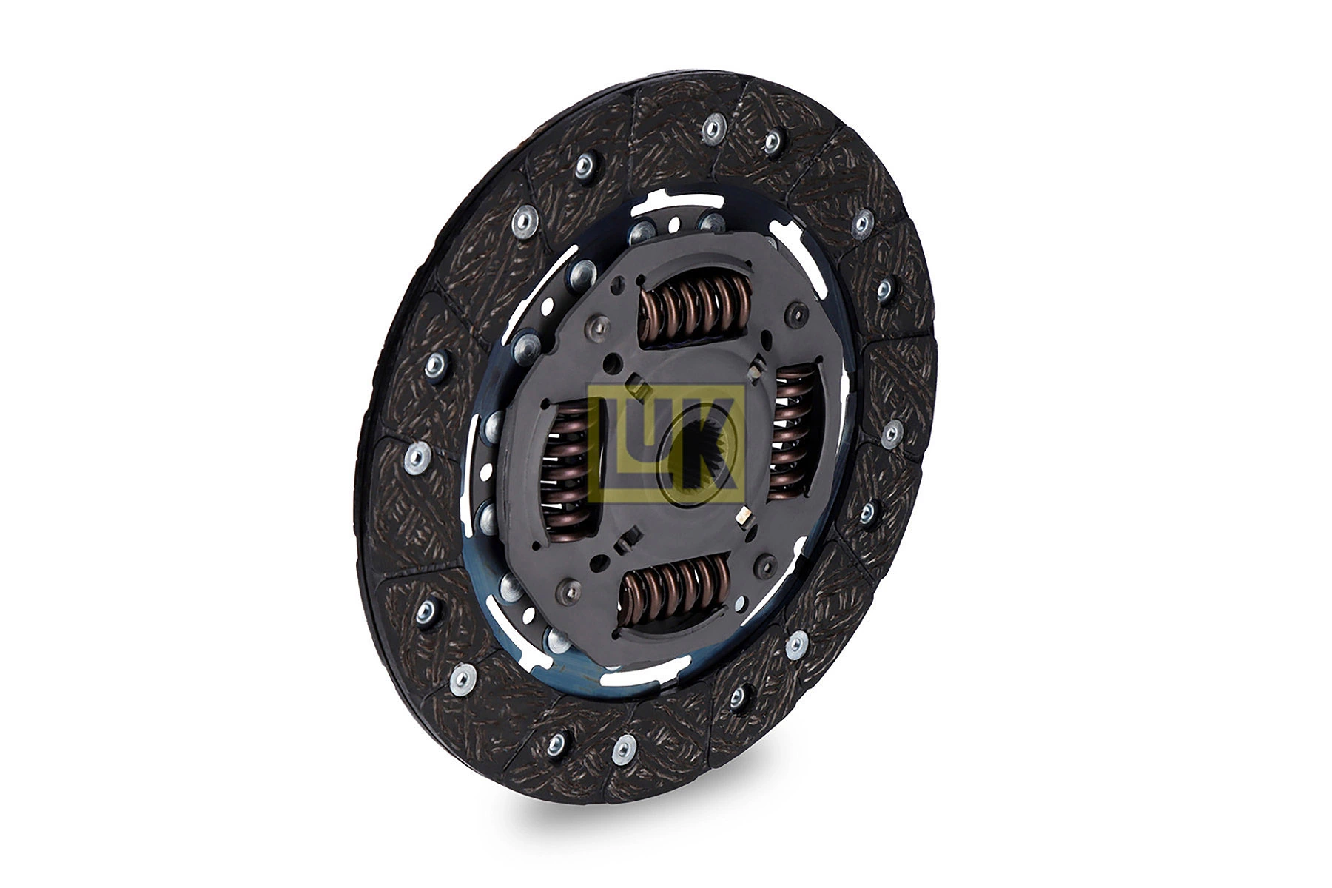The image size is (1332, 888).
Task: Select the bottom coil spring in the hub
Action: point(675,590)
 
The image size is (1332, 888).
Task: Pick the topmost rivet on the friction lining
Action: point(712,128)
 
